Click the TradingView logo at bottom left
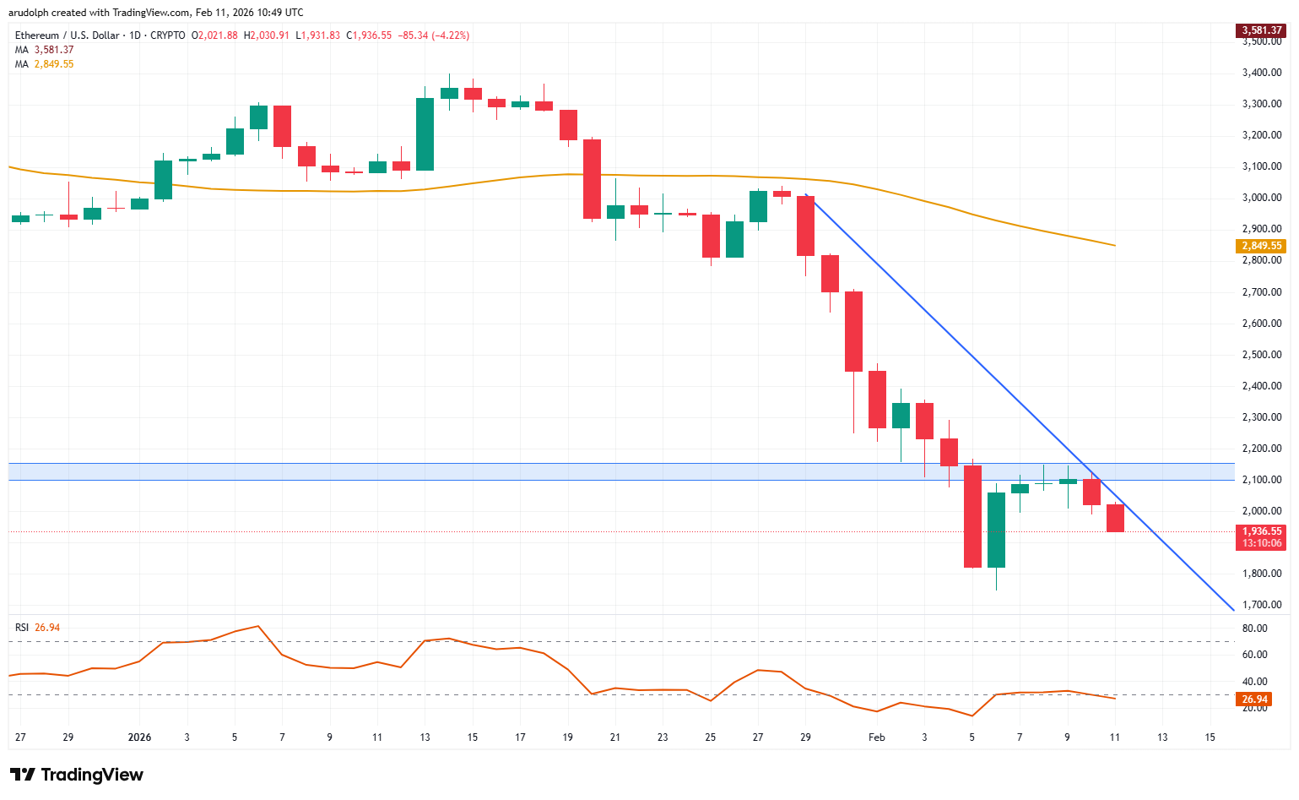pos(76,775)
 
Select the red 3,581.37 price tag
pos(1261,30)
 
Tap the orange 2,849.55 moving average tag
pos(1261,246)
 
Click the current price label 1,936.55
pos(1261,531)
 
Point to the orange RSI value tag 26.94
pos(1254,699)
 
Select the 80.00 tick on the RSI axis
pos(1254,629)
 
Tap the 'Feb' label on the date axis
pos(877,737)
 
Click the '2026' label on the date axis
pos(139,737)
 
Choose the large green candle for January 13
pos(425,134)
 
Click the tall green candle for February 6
pos(996,530)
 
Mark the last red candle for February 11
pos(1115,518)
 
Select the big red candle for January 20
pos(592,179)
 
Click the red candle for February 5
pos(972,516)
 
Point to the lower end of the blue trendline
pos(1233,609)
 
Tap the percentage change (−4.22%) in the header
pos(451,35)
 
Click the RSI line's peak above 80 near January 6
pos(257,626)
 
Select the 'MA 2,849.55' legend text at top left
pos(44,64)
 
